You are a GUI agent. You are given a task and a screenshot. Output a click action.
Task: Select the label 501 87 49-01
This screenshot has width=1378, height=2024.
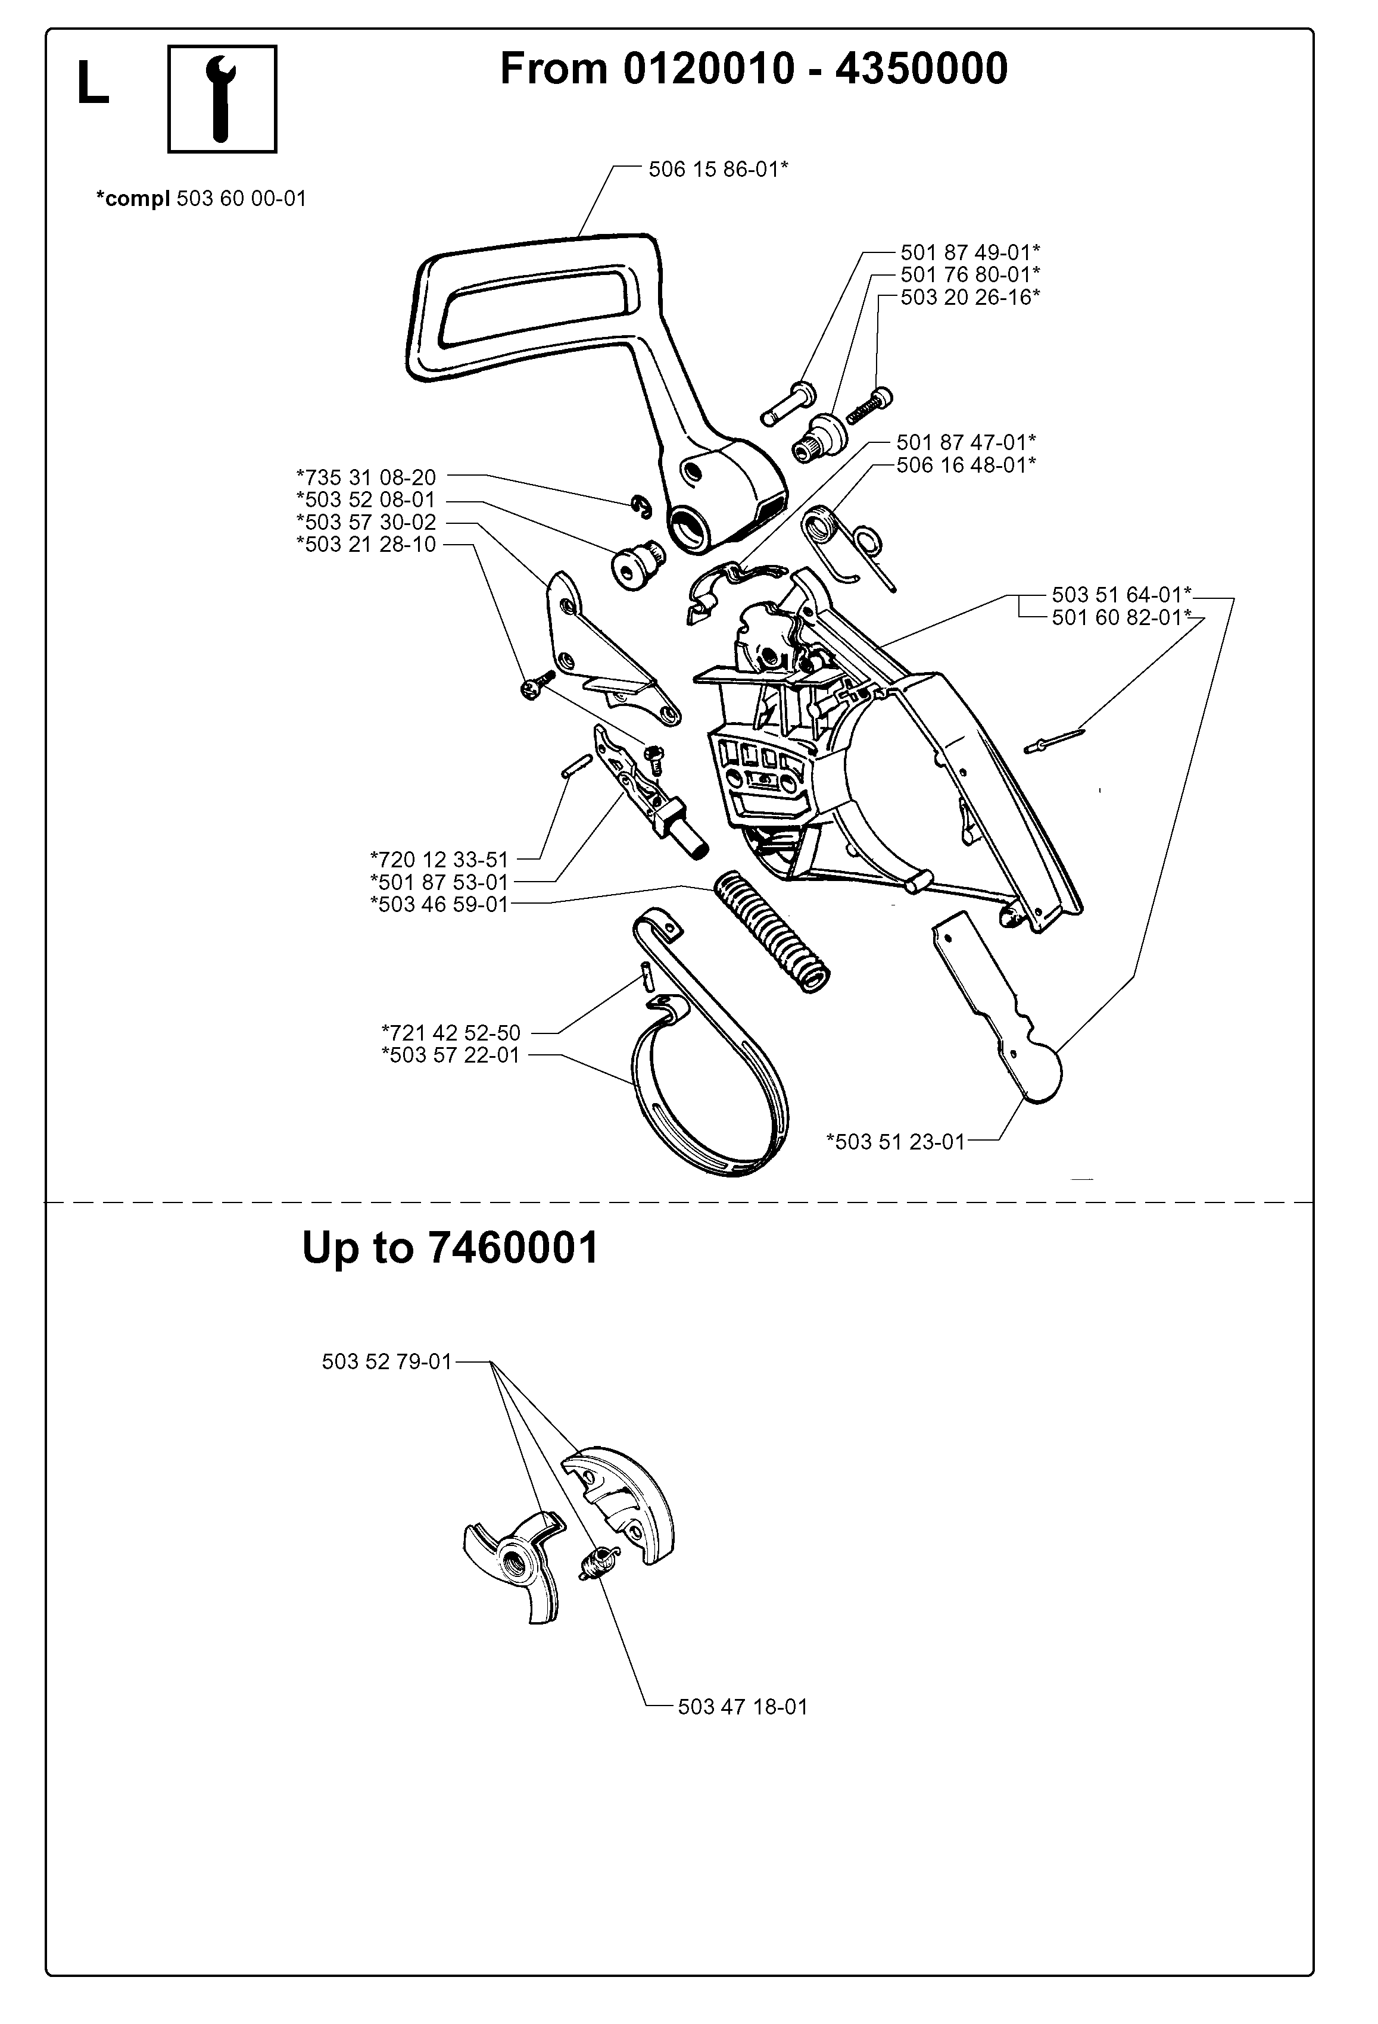tap(969, 252)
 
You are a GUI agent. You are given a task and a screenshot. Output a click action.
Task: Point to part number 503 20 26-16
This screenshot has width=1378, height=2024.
tap(969, 297)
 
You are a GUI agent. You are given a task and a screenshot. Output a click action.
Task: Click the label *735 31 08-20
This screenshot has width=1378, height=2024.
tap(367, 477)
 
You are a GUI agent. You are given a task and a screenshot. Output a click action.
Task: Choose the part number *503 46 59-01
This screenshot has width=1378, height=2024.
tap(439, 904)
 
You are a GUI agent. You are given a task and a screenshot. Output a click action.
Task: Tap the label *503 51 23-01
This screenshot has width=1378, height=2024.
tap(896, 1141)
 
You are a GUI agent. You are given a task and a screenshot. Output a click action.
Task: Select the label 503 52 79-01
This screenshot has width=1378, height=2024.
tap(386, 1361)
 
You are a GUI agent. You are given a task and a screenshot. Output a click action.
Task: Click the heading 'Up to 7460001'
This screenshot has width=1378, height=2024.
tap(450, 1248)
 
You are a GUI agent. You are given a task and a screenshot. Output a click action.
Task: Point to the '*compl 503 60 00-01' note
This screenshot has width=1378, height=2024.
tap(201, 199)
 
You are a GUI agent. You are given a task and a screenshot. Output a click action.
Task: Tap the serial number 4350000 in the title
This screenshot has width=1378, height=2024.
tap(922, 68)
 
